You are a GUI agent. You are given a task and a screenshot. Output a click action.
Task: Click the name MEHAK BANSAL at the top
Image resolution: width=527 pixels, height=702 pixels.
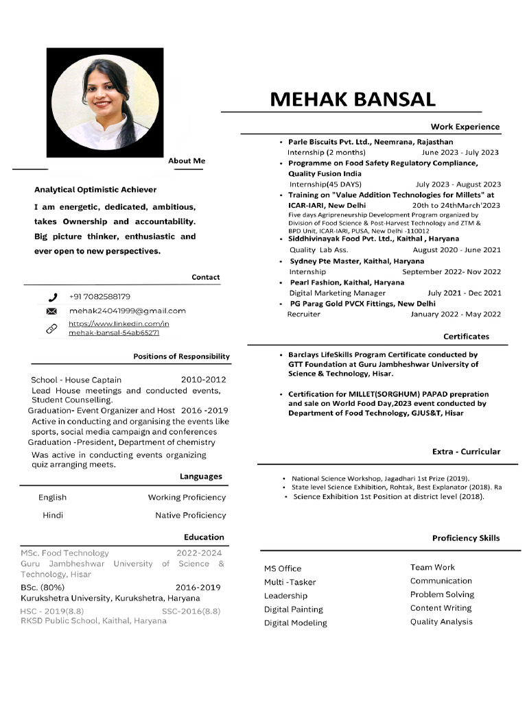click(x=352, y=99)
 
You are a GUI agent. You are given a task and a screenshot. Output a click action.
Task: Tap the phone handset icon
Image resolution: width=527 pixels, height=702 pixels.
click(x=53, y=298)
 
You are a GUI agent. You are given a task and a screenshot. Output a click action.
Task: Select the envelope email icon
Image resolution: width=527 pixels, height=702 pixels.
click(x=51, y=312)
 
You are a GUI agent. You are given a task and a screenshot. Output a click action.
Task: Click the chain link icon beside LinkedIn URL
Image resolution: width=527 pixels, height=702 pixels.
click(x=51, y=328)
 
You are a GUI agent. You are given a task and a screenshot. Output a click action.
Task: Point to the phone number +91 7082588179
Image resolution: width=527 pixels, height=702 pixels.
click(x=99, y=297)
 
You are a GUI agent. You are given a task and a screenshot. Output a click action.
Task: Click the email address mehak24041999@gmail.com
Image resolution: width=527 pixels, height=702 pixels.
click(x=127, y=311)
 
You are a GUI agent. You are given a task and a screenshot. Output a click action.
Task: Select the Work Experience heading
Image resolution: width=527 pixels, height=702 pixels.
click(x=465, y=127)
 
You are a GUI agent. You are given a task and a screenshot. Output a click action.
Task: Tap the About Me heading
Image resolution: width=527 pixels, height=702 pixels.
click(x=187, y=161)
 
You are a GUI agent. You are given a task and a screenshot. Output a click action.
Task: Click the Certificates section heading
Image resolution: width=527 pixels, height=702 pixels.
click(x=466, y=337)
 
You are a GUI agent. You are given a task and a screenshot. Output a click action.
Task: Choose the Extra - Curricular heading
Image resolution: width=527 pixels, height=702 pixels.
click(x=466, y=452)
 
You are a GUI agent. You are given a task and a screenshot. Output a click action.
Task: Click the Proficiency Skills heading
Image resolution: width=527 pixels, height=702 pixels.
click(x=466, y=538)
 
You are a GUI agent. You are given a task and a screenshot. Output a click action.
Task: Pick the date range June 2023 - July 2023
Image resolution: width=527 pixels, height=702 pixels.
click(x=460, y=153)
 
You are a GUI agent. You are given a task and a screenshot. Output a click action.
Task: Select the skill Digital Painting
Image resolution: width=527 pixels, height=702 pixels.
click(x=293, y=609)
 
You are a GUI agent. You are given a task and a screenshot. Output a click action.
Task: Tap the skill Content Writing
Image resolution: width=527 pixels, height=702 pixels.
click(x=441, y=608)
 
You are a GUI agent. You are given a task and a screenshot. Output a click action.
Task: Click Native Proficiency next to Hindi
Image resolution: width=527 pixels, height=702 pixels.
click(x=190, y=516)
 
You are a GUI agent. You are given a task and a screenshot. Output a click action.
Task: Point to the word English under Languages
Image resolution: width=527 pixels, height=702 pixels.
click(x=53, y=498)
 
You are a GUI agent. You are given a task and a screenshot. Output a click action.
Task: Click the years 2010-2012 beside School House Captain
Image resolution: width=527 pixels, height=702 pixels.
click(x=203, y=380)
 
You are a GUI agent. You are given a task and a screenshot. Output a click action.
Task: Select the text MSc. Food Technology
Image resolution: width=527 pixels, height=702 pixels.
click(x=65, y=553)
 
